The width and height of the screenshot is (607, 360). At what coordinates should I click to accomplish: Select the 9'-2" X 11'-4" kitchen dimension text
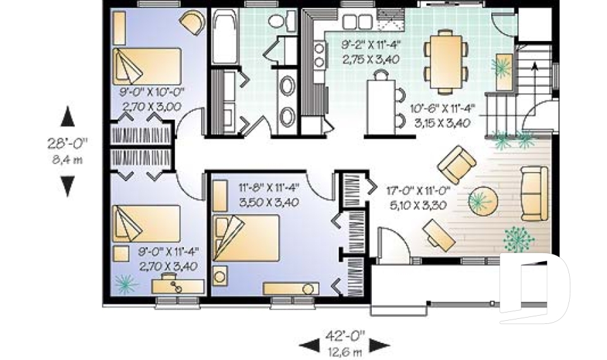pos(372,45)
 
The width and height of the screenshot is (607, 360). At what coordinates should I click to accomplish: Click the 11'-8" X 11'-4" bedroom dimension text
pos(269,188)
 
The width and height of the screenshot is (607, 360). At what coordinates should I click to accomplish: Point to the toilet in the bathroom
pos(276,22)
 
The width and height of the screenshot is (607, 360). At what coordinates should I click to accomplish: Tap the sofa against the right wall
pos(534,193)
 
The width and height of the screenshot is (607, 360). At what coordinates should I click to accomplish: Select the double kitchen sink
pos(357,22)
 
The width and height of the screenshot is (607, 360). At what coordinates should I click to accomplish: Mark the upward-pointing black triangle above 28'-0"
pos(68,117)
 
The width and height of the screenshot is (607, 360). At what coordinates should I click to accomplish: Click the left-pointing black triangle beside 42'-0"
pos(309,345)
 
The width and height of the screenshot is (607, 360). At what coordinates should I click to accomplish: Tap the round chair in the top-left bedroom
pos(192,23)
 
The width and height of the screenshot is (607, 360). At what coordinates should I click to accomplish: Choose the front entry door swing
pos(389,244)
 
